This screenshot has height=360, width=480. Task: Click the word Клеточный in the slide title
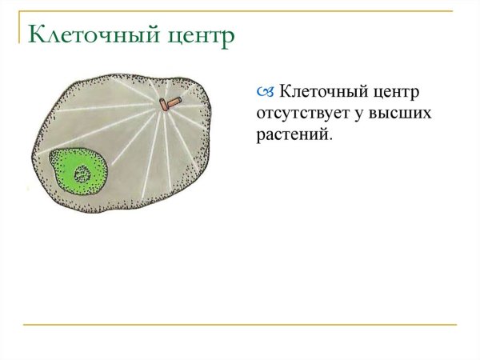[x=86, y=35]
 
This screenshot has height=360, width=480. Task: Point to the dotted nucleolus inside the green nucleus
[x=82, y=174]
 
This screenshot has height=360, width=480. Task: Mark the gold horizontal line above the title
[x=240, y=11]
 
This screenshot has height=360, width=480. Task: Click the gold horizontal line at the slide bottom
[x=240, y=325]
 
